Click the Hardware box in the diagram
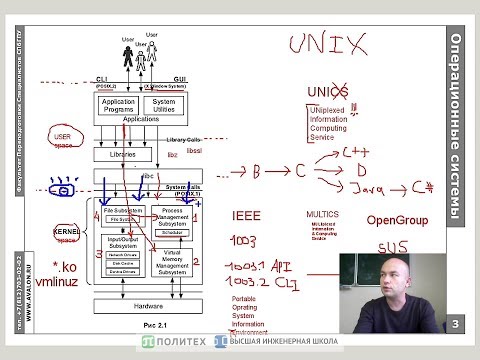(147, 305)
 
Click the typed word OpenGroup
(397, 220)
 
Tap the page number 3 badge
(455, 323)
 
